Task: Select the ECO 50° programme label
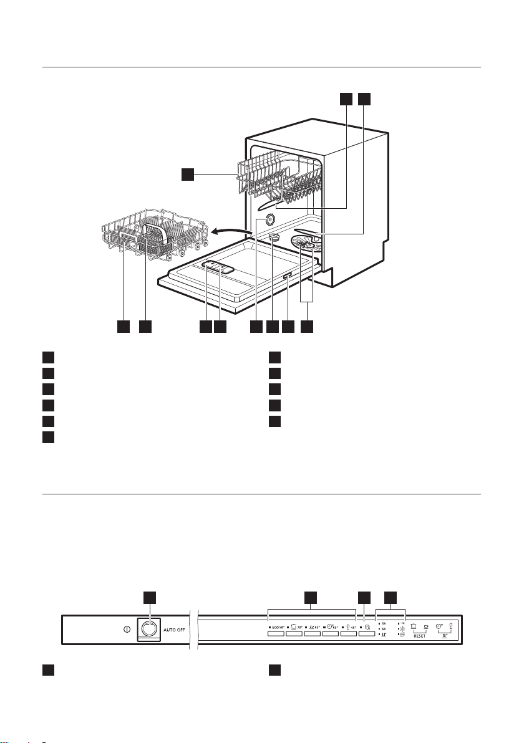pos(276,625)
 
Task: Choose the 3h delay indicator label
pos(384,623)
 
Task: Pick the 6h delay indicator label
pos(384,629)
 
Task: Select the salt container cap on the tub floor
pos(275,236)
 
